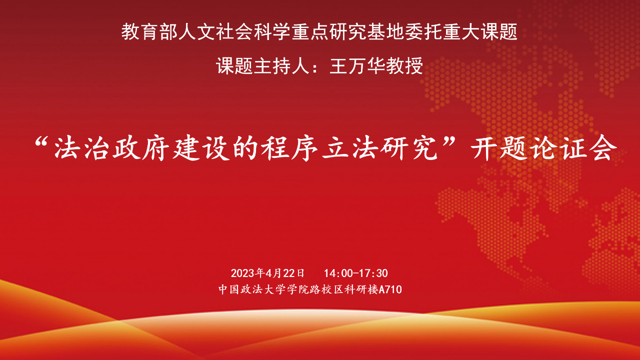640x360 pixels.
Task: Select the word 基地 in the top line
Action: click(385, 31)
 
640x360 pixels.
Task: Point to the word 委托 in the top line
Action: click(423, 31)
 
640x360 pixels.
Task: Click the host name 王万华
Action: click(357, 66)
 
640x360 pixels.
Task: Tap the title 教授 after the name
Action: click(404, 66)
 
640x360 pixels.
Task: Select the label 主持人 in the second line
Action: click(281, 66)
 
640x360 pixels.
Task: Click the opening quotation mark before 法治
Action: click(41, 141)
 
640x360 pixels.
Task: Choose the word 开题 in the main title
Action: click(498, 148)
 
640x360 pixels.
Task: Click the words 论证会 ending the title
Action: click(573, 148)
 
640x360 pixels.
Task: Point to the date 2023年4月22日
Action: click(267, 273)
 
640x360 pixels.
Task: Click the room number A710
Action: click(390, 289)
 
